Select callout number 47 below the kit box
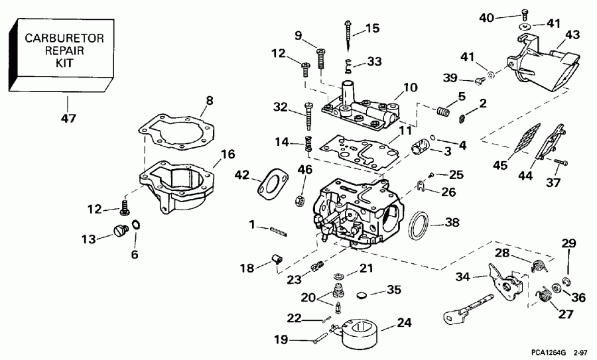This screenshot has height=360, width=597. [68, 119]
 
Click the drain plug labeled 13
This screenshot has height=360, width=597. [121, 231]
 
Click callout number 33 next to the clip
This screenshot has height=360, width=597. [374, 62]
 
